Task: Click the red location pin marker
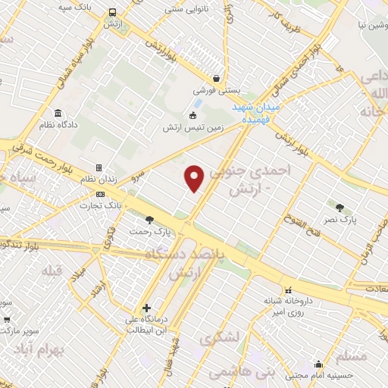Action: [196, 178]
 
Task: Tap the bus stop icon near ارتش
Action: [112, 13]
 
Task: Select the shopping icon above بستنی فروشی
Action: [217, 77]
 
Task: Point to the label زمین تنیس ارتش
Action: [192, 128]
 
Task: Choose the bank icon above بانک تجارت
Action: [99, 195]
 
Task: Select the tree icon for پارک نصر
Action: [339, 207]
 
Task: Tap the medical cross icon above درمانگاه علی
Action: [146, 308]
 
